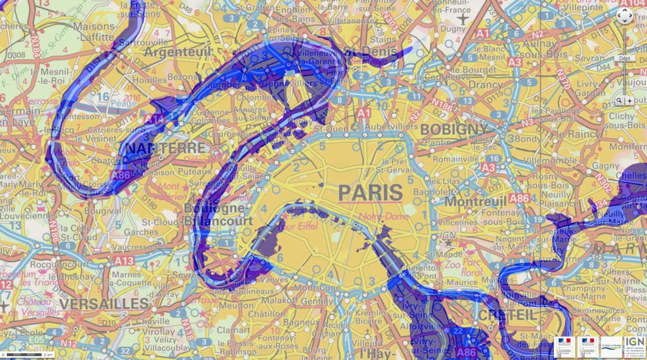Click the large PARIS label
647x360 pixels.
370,193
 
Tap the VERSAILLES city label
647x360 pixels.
104,304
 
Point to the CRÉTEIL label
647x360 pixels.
507,315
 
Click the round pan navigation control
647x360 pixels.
624,17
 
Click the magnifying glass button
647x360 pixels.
620,100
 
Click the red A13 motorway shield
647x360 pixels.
124,261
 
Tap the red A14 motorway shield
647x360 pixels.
154,118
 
